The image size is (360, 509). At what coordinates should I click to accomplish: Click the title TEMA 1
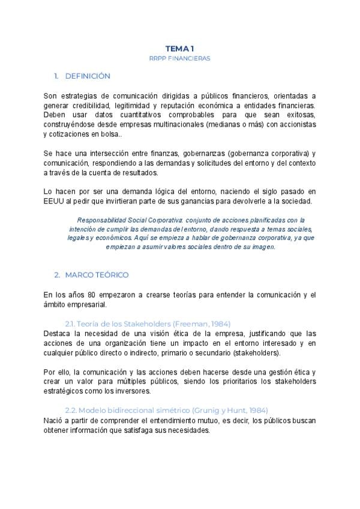click(180, 48)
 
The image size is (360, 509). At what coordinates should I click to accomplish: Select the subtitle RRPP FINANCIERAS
click(180, 58)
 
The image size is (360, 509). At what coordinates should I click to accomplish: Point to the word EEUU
click(54, 201)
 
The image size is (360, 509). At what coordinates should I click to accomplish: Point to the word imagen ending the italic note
click(262, 247)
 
